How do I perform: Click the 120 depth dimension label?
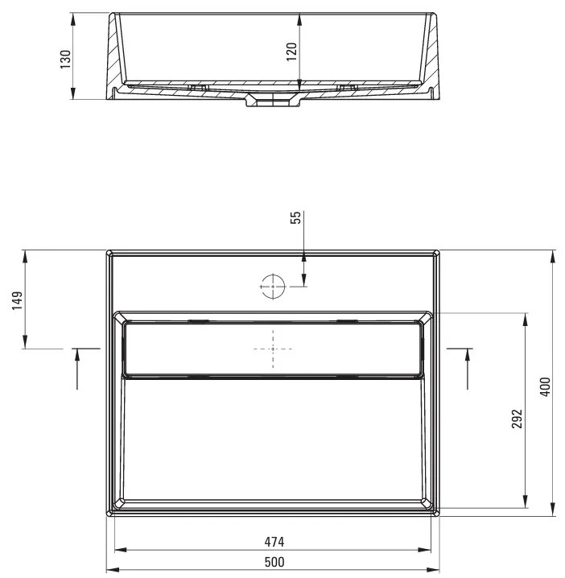291,51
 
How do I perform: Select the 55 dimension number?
296,218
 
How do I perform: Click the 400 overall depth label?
545,386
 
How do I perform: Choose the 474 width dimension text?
274,543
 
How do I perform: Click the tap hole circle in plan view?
273,286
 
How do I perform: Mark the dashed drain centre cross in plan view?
273,349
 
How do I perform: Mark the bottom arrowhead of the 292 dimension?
526,503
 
